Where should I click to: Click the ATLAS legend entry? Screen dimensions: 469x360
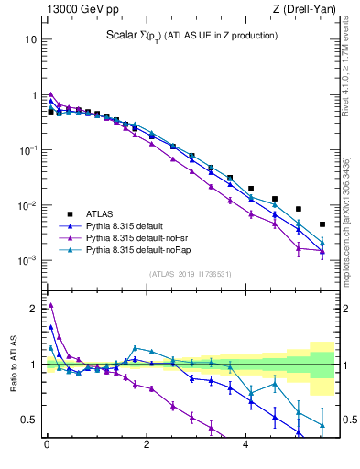coord(99,213)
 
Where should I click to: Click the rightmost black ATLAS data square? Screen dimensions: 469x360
coord(322,224)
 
